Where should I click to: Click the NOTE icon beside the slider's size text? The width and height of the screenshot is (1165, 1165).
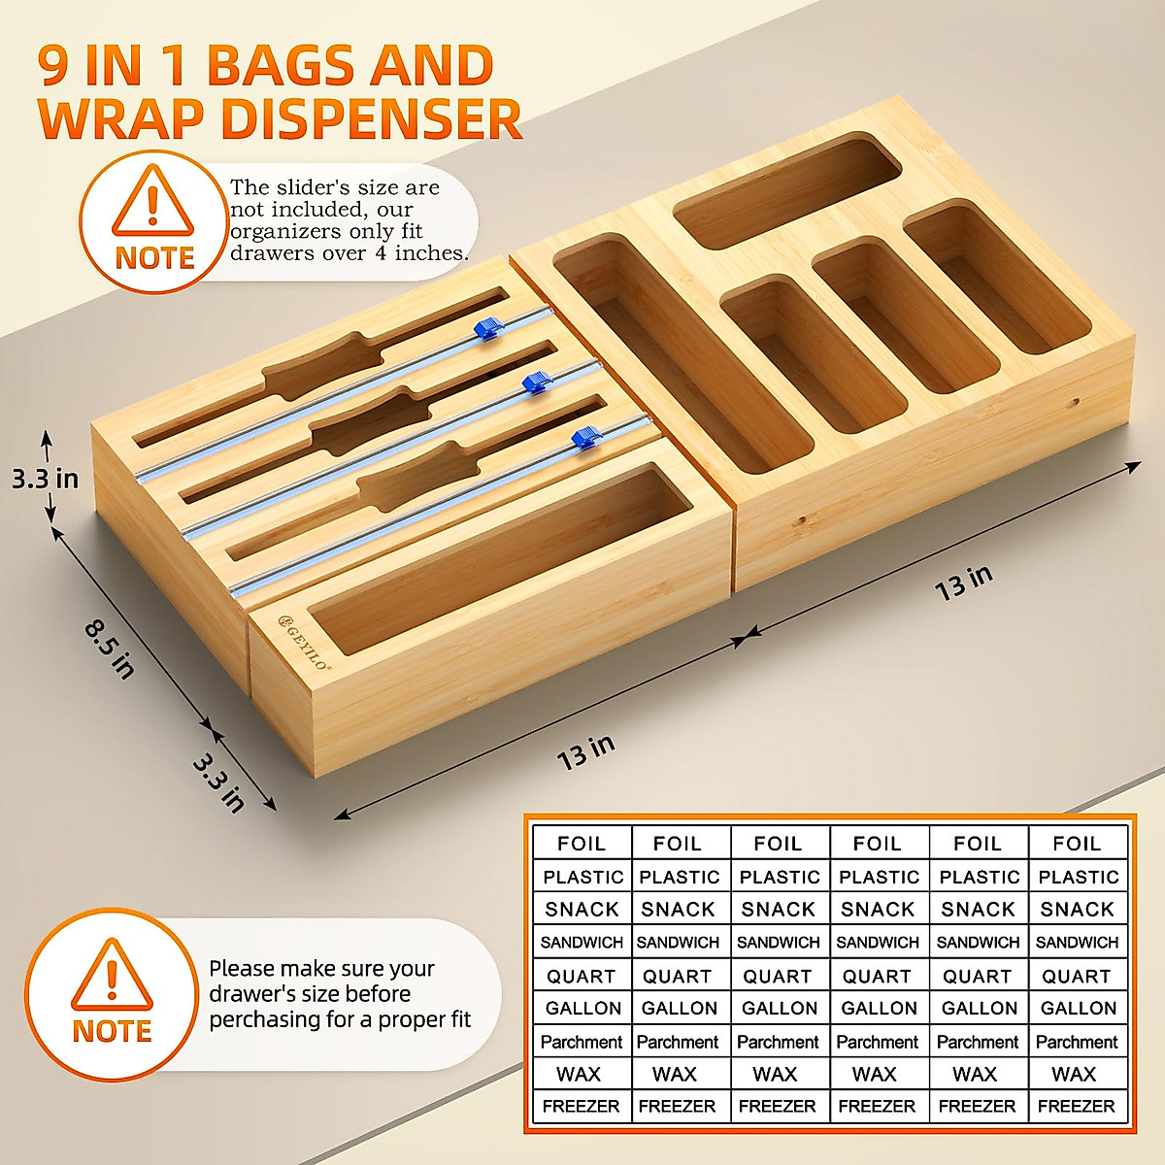[153, 220]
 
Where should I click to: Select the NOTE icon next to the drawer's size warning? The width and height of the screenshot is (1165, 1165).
[112, 992]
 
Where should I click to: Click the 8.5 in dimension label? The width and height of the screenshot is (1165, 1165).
[108, 649]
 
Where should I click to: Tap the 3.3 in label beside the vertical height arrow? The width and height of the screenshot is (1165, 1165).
[45, 478]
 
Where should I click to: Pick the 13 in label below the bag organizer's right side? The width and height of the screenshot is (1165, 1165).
[963, 582]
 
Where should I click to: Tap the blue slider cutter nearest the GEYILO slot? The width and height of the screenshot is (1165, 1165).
[582, 437]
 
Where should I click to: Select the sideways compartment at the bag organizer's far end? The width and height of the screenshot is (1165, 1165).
[786, 189]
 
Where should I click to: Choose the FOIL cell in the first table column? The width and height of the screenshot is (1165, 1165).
[582, 844]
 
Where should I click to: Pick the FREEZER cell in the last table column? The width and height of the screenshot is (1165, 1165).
[1076, 1106]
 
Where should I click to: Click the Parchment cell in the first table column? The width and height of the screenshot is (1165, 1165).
[582, 1042]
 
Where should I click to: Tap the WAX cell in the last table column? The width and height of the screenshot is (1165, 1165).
[1074, 1074]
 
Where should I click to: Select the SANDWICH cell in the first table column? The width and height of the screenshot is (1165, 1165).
[582, 942]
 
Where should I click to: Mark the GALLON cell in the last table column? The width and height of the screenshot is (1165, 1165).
[1078, 1008]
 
